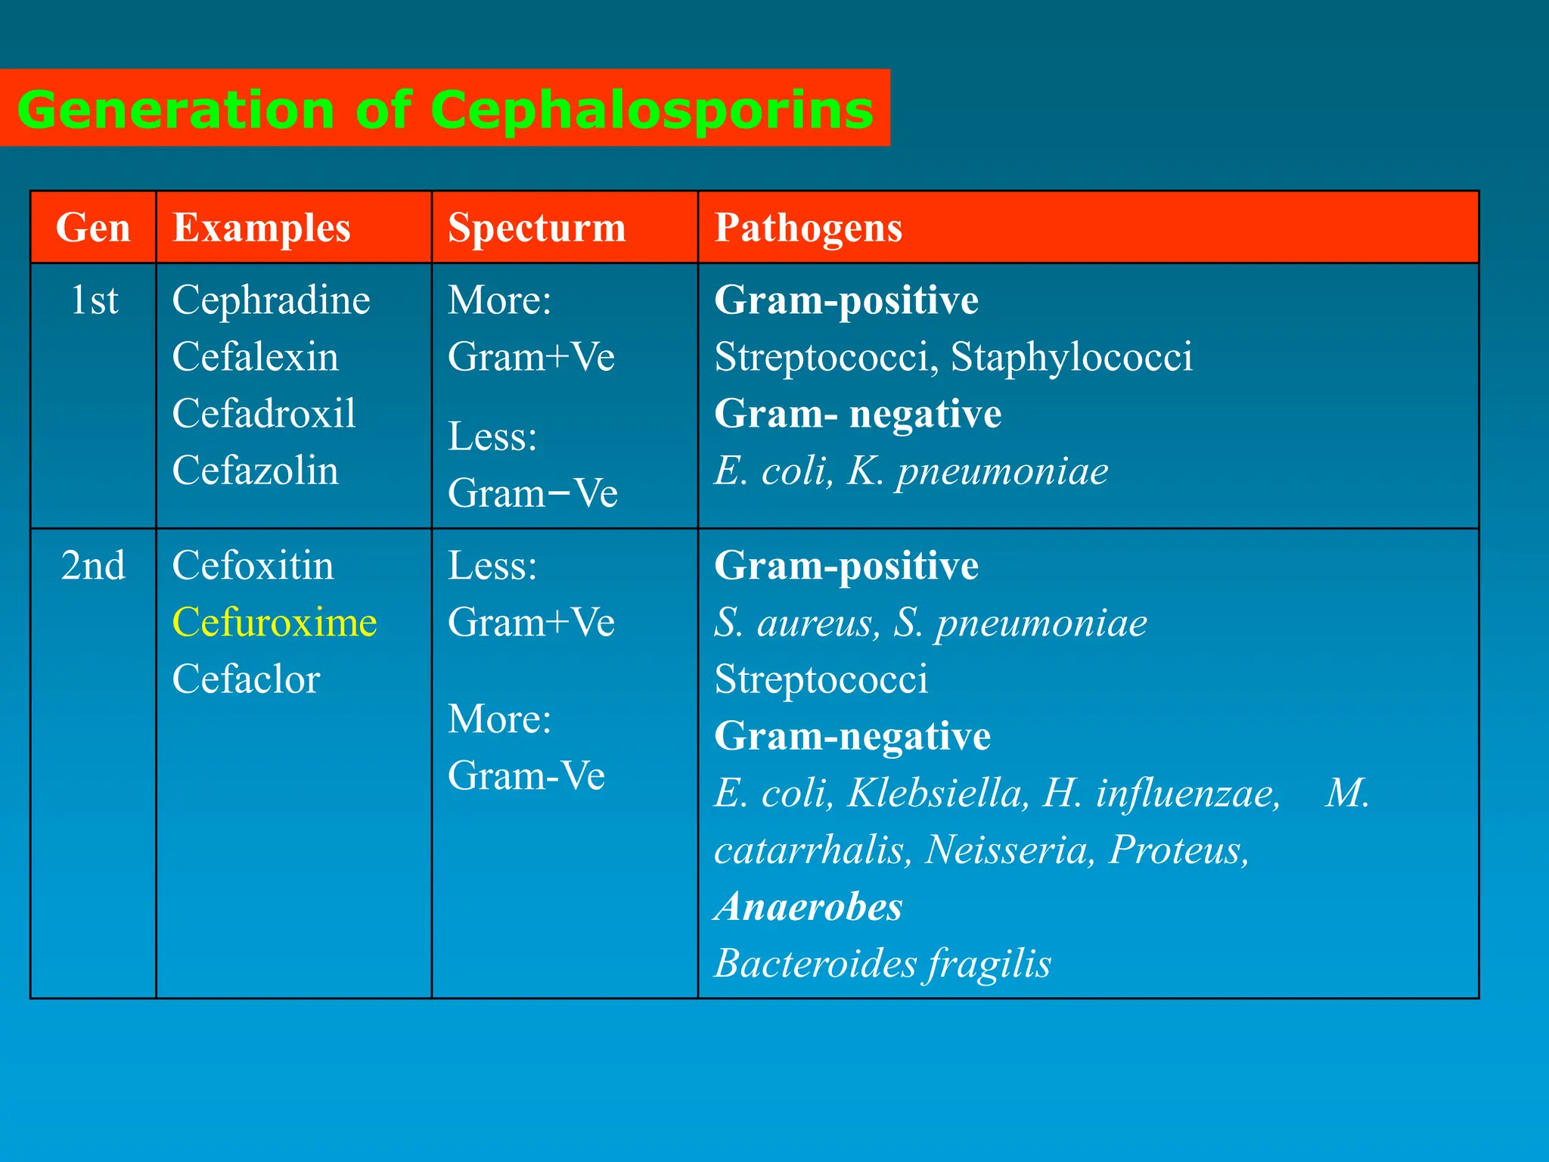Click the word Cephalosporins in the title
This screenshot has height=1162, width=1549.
pos(651,110)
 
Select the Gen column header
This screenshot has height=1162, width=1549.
pos(93,228)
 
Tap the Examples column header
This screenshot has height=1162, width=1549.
pos(262,228)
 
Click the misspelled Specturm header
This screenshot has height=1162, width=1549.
pos(537,228)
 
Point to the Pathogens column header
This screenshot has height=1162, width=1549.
pos(809,228)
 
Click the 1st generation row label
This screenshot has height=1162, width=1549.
pos(94,300)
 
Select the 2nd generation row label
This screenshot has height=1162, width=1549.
pos(93,566)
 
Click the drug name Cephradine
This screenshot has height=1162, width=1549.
pos(271,300)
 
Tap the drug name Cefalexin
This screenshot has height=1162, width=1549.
pos(255,357)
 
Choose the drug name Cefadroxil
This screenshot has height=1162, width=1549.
pos(264,414)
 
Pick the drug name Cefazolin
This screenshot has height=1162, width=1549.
pos(255,471)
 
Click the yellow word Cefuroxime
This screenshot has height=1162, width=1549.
pos(275,623)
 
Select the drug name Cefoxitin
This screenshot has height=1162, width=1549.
pos(253,566)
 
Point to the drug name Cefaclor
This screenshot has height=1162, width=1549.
pos(246,679)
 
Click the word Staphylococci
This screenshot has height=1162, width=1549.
pos(1071,357)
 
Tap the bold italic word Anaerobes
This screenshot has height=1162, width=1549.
pos(809,906)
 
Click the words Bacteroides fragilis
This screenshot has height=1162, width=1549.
pos(883,964)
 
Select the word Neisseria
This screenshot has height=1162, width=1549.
pos(1010,850)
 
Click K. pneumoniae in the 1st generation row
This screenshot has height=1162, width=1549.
pos(978,471)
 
